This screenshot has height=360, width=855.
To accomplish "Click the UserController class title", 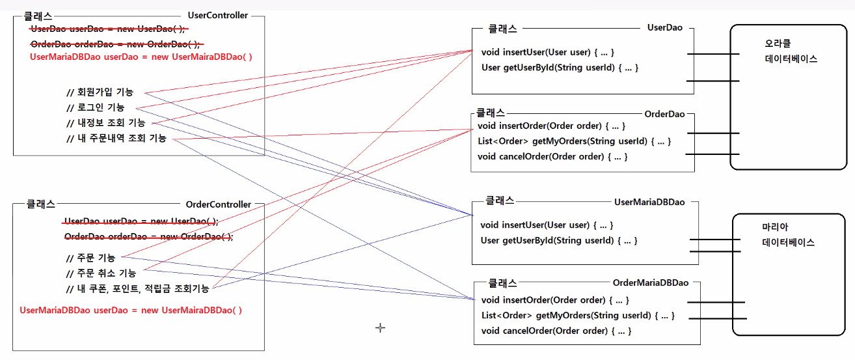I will pos(217,15).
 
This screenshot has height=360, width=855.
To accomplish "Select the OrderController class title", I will pos(218,204).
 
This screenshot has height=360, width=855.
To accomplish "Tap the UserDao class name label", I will pos(664,28).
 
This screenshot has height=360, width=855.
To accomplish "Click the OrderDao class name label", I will pos(664,114).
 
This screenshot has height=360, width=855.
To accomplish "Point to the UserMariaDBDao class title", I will pos(649,202).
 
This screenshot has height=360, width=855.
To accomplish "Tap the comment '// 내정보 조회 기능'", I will pos(105,122).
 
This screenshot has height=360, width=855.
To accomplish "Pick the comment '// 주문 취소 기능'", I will pos(101,273).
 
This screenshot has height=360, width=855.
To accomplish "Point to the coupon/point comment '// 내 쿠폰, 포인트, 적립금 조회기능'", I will pos(137,288).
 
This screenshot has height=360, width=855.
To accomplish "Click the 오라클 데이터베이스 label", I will pos(791,51).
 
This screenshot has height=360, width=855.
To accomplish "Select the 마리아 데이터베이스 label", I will pos(788,235).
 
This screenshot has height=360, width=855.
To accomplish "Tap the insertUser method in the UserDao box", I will pos(547,52).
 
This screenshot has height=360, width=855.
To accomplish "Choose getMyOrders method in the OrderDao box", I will pos(573,141).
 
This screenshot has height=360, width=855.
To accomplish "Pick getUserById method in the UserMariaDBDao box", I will pos(559,241).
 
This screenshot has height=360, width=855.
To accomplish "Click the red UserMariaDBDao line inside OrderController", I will pos(131,311).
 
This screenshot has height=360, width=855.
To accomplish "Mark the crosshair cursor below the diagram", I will pos(381,327).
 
